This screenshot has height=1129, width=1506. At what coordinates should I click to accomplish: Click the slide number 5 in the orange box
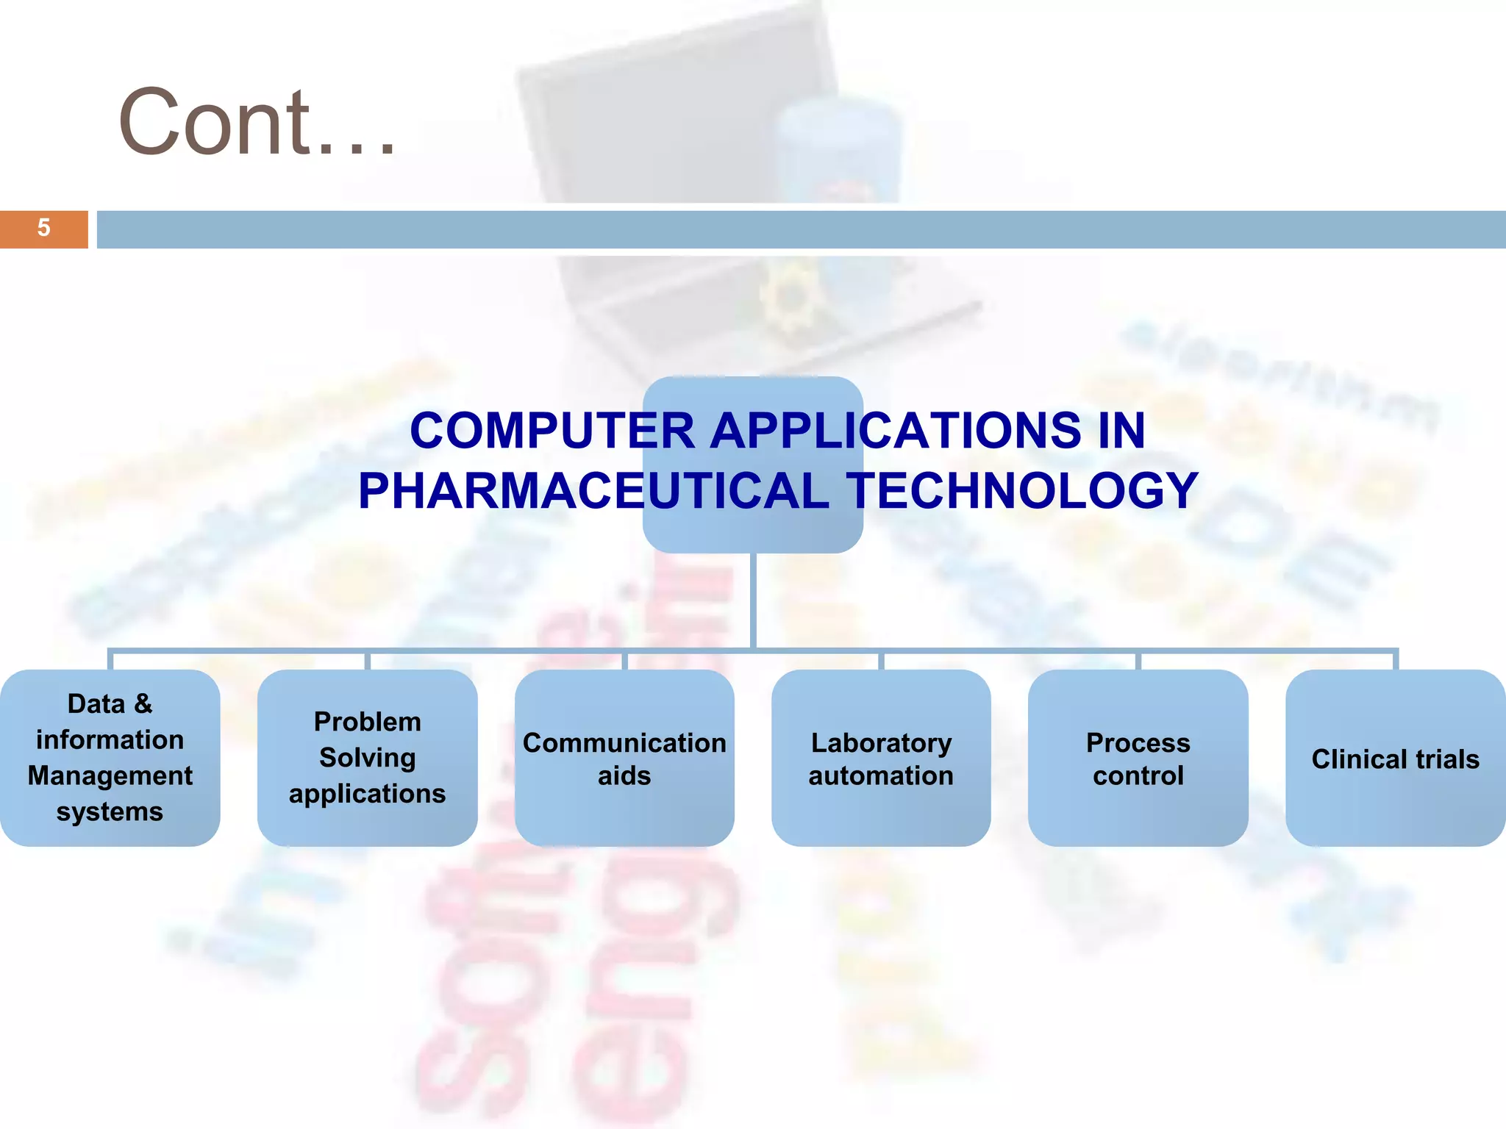click(x=43, y=228)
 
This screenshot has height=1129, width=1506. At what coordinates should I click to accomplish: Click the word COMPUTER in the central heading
click(x=552, y=431)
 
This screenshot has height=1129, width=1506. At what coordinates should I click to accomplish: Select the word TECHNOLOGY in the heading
click(x=1022, y=491)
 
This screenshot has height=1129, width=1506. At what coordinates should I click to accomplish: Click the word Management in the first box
click(x=110, y=776)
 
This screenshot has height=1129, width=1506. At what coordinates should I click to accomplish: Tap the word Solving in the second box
click(x=367, y=758)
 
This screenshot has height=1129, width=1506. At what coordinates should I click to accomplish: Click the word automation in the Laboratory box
click(x=881, y=776)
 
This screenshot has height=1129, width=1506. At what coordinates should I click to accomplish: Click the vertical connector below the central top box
click(x=754, y=599)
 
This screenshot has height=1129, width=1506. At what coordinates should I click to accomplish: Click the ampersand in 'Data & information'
click(x=143, y=704)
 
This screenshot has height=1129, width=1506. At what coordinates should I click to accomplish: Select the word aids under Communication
click(x=624, y=776)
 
